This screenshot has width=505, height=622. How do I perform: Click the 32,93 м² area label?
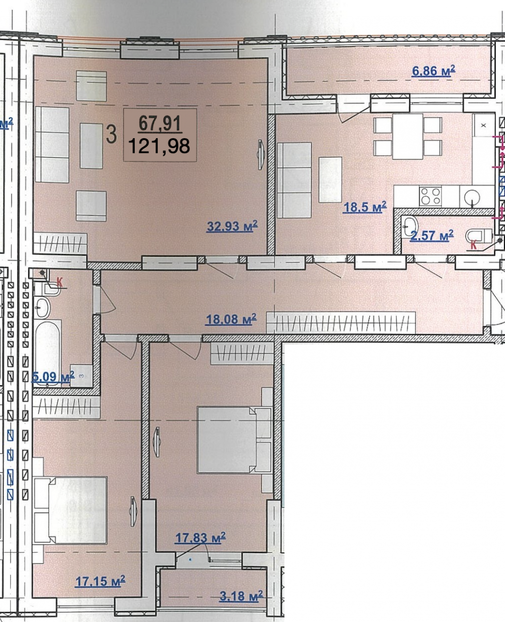pos(232,226)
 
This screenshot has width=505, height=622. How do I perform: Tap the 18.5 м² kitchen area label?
pos(365,207)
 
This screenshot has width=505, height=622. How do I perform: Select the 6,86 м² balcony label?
pos(433,71)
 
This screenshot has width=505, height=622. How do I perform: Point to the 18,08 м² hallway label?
pos(231,319)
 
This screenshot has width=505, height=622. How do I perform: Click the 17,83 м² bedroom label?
pos(200,538)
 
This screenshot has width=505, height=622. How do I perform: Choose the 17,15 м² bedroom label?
pos(100,582)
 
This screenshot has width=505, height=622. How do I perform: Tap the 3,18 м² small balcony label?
pos(241,596)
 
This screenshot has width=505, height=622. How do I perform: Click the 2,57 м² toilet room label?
pos(432,235)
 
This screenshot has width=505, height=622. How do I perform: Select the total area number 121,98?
pos(159,146)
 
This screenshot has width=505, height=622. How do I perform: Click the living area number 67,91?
pos(159,123)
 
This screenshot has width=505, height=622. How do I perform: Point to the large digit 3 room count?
pos(111,134)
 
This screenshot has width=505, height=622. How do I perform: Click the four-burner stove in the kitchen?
pos(430,196)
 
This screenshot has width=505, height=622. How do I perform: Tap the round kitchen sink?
pos(472,198)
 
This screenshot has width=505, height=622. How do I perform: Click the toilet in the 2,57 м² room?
pos(479,236)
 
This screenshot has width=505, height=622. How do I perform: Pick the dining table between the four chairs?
pos(407,136)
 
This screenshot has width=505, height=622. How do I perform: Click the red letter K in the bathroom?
pos(60,282)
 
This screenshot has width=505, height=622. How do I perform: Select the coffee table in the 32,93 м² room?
pos(91,146)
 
